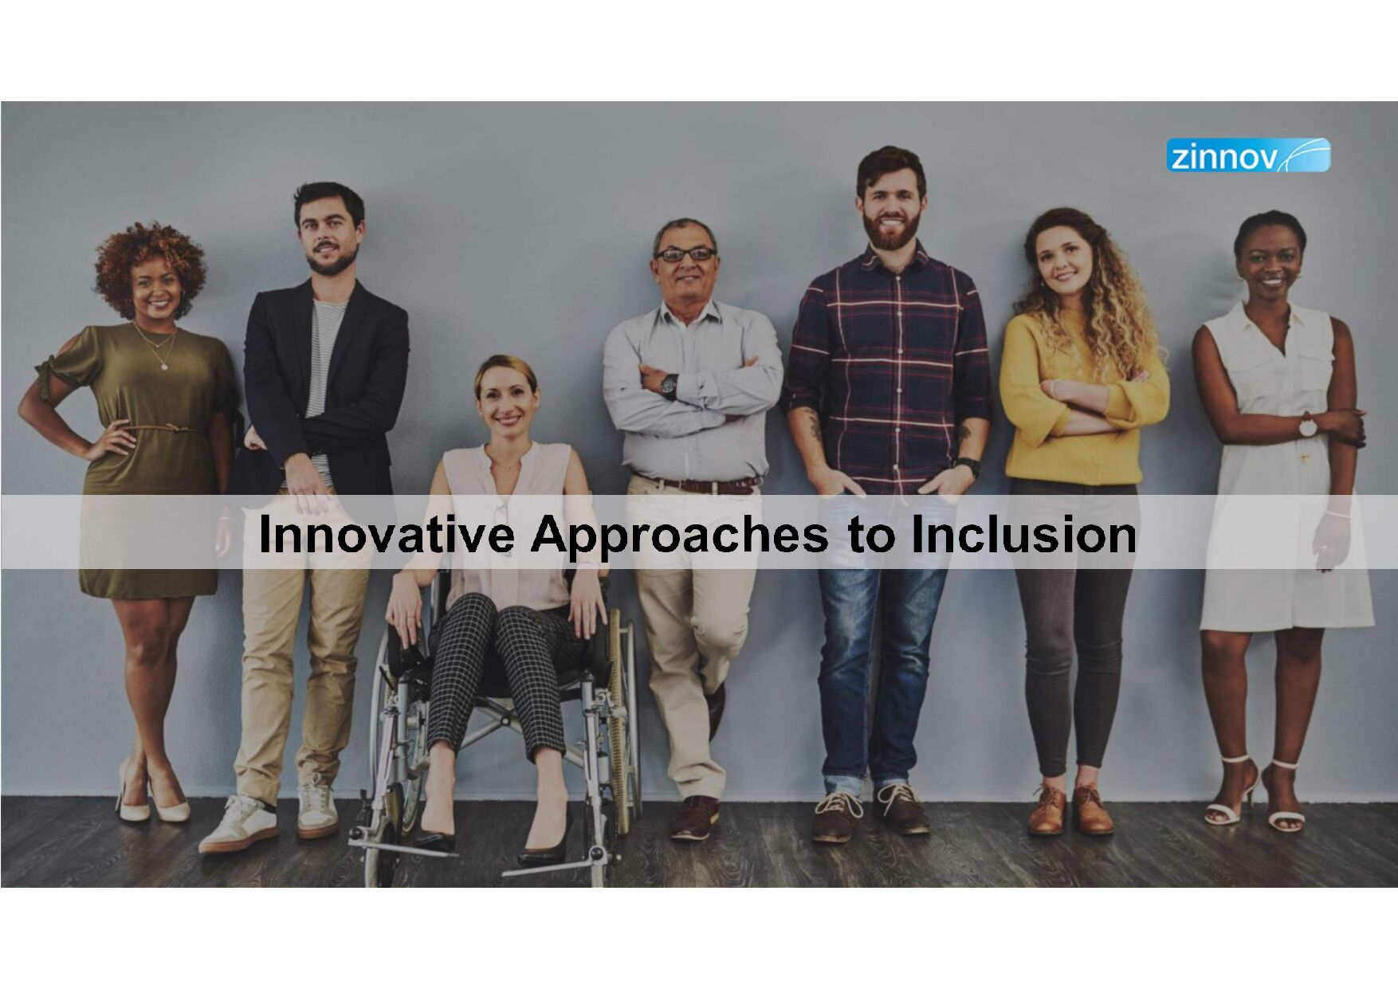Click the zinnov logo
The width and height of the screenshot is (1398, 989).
[x=1248, y=155]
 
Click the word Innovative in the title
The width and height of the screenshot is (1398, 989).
[x=386, y=534]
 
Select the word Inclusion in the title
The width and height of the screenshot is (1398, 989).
[x=1023, y=534]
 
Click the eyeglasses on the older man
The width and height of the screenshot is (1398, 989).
[x=685, y=254]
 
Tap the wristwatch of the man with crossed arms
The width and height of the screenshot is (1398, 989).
[x=669, y=386]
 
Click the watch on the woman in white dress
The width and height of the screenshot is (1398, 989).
[x=1308, y=426]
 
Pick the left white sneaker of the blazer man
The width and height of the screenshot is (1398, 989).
[x=238, y=824]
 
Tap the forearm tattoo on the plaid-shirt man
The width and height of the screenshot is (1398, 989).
[x=815, y=426]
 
